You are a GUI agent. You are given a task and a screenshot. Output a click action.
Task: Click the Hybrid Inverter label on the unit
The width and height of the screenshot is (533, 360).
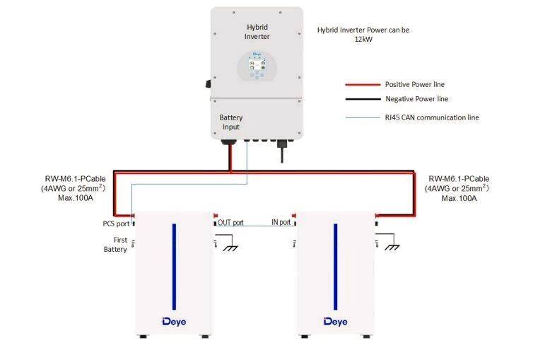tap(257, 32)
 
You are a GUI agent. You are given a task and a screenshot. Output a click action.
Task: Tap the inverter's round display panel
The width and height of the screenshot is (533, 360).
tap(257, 66)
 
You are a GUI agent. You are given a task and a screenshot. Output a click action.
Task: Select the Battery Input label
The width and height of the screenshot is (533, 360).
tap(231, 122)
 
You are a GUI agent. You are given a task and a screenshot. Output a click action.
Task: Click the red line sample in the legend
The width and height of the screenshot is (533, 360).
tap(363, 84)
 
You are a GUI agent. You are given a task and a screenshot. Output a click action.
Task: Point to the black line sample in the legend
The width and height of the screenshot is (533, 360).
tap(363, 99)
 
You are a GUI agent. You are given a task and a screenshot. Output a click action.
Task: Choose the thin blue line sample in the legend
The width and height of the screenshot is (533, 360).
tap(363, 117)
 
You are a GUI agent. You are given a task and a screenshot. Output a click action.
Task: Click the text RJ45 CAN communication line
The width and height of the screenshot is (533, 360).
tap(432, 117)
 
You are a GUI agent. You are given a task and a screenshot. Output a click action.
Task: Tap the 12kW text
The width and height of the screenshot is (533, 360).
tap(363, 39)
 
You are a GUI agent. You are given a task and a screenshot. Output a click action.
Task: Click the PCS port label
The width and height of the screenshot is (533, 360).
tap(116, 223)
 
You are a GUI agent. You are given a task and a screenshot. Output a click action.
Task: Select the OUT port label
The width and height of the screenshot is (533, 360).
tap(230, 223)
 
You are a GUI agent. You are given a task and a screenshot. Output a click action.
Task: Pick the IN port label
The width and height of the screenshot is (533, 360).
tap(281, 222)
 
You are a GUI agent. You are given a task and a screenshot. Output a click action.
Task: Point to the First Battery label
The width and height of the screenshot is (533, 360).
tap(115, 245)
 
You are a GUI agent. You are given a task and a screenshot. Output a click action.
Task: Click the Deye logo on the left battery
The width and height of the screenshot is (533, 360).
tap(174, 322)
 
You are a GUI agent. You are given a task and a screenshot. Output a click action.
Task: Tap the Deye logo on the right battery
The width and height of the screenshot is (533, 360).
tap(336, 322)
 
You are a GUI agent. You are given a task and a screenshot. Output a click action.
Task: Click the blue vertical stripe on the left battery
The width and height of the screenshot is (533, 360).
tap(175, 267)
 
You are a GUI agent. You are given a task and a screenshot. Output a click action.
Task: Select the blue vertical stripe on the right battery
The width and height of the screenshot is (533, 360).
tap(336, 267)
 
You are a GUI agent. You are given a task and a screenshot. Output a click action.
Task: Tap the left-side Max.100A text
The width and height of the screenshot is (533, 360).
tap(76, 198)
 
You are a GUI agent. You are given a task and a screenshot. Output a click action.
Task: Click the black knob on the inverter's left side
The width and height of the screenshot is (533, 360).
tap(208, 83)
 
